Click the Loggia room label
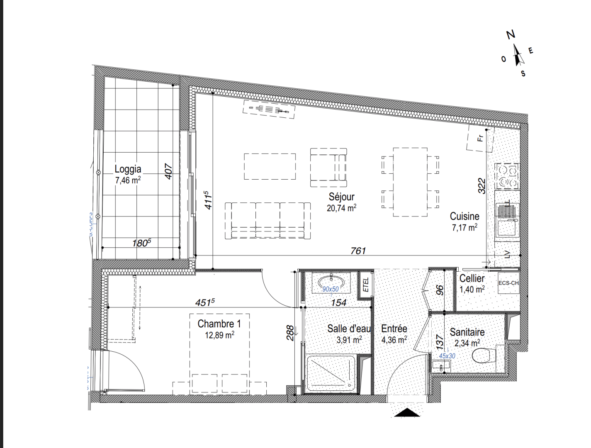(128, 169)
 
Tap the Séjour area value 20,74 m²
(341, 208)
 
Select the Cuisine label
(465, 216)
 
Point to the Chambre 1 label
(219, 324)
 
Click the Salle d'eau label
(349, 329)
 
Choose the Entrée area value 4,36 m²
(394, 340)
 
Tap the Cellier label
(472, 278)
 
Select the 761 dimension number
(358, 251)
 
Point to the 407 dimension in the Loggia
(168, 171)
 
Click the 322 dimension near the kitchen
(482, 186)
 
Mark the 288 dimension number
(290, 333)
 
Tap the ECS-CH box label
(508, 283)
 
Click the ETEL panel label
(366, 285)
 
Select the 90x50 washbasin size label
(331, 289)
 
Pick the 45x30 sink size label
(447, 356)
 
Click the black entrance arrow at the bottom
(407, 412)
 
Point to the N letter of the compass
(511, 35)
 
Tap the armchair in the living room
(328, 167)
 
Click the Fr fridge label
(480, 138)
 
